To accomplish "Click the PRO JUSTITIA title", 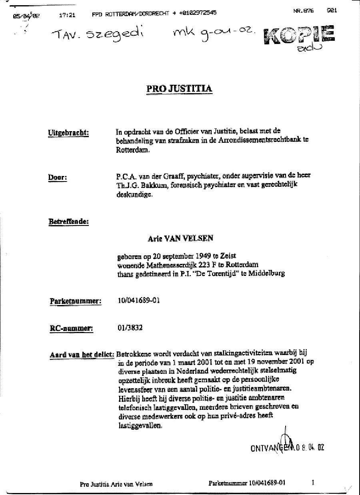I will click(x=179, y=88).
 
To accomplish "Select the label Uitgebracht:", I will click(x=68, y=133).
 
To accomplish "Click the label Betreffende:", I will click(x=68, y=221).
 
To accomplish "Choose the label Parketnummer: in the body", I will click(x=75, y=301).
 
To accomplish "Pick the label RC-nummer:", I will click(x=71, y=329).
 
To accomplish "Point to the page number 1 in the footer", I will click(x=313, y=483).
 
